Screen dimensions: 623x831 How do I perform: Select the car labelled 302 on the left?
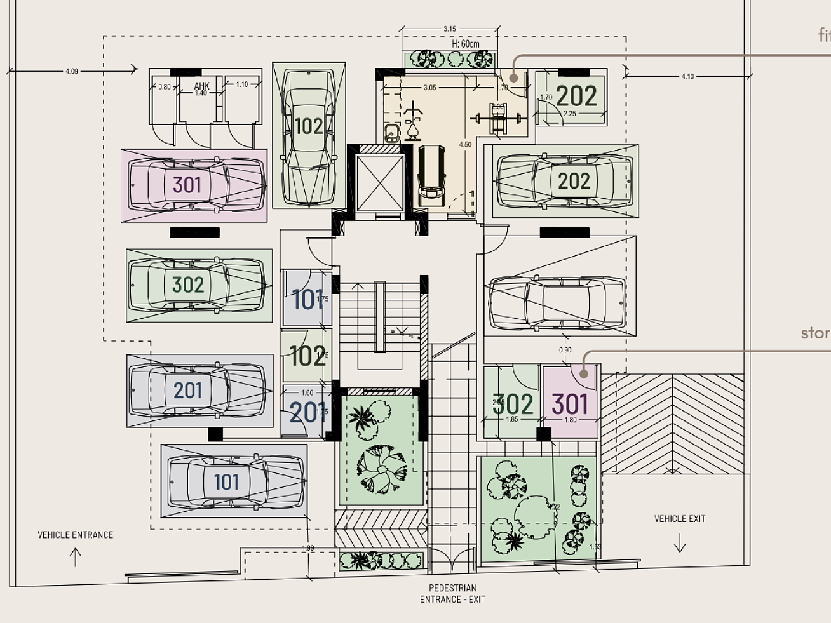[x=196, y=285]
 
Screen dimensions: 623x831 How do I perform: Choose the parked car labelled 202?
[x=564, y=181]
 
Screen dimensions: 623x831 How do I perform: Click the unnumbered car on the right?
[x=557, y=303]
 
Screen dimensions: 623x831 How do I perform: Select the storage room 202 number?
[x=576, y=97]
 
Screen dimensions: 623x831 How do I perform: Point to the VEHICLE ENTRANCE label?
[x=75, y=535]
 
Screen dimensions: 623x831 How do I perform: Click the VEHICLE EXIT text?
[x=680, y=519]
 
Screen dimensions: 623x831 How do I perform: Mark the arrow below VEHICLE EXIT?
[x=680, y=543]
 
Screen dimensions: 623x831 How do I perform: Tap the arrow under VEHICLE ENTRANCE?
[x=75, y=557]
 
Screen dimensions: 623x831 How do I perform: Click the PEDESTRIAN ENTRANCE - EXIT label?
[x=452, y=594]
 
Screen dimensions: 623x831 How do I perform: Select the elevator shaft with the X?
[x=380, y=183]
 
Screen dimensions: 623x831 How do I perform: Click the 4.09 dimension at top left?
[x=72, y=72]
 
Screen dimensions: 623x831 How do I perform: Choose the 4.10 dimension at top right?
[x=687, y=77]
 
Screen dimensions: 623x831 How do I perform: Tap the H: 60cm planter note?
[x=465, y=44]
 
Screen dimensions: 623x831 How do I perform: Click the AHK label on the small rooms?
[x=201, y=86]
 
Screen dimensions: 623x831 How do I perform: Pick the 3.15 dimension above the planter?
[x=450, y=29]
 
